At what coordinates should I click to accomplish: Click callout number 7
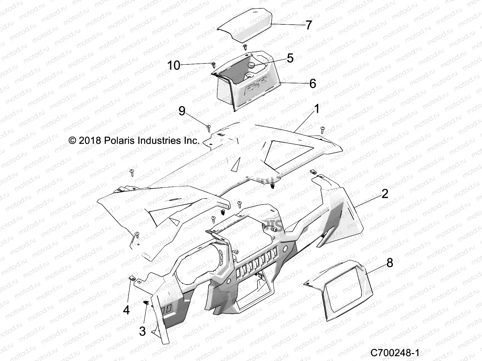click(x=308, y=25)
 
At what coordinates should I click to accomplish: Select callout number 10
click(x=174, y=65)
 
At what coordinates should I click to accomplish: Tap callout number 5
click(x=290, y=58)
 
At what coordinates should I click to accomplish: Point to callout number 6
click(x=313, y=83)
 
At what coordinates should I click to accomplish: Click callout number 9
click(x=182, y=111)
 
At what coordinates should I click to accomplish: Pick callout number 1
click(x=317, y=109)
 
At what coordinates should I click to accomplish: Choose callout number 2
click(x=385, y=194)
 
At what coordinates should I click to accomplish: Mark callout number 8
click(x=390, y=263)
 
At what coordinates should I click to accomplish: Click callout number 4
click(x=127, y=310)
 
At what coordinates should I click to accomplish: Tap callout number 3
click(x=142, y=331)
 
